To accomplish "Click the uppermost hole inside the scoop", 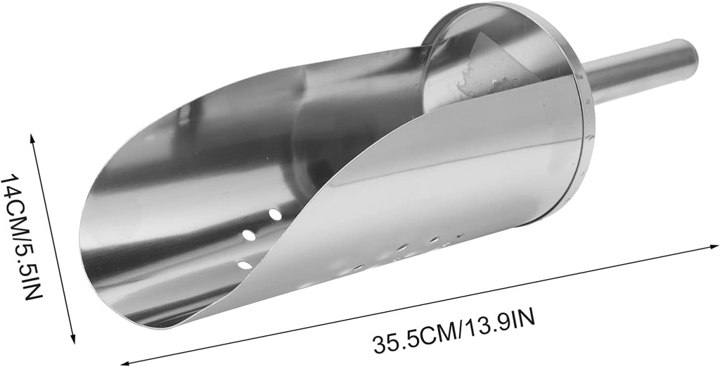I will (x=275, y=213).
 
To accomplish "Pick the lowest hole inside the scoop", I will (x=244, y=265).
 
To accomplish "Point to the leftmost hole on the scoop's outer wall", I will (x=358, y=268).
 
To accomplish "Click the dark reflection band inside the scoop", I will (x=330, y=134).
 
